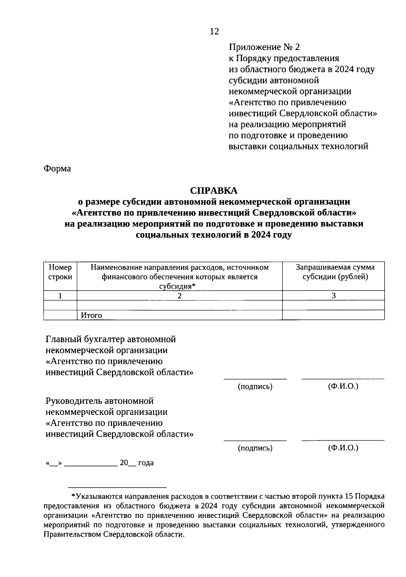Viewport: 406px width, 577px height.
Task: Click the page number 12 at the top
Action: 215,31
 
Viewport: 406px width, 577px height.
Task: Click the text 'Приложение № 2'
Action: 264,47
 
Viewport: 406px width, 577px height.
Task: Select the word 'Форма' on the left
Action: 57,168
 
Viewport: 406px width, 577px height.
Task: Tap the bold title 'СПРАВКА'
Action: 214,191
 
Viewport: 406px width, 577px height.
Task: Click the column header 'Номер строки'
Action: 60,272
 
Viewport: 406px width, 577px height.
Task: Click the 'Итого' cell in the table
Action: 91,316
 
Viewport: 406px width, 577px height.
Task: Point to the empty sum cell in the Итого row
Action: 334,316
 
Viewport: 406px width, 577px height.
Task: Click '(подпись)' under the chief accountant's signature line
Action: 255,386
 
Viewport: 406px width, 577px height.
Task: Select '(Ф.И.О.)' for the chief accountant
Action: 343,386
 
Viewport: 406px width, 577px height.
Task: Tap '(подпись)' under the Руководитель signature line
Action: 255,448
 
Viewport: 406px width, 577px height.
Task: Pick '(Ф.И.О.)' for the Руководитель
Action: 343,448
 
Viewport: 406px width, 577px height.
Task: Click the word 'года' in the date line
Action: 146,463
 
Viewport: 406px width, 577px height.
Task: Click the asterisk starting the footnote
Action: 73,496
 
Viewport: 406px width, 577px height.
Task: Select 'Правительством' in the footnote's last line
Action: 72,534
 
